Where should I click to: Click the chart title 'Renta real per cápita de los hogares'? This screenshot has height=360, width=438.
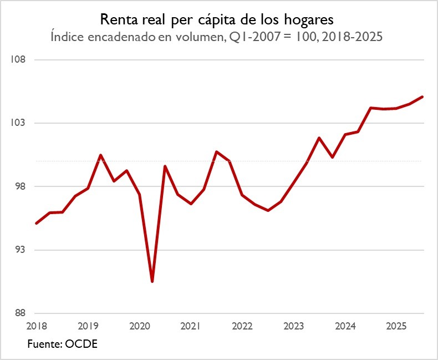point(217,19)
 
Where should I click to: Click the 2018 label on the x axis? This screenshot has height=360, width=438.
point(36,326)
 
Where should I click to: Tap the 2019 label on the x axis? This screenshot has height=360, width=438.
point(88,326)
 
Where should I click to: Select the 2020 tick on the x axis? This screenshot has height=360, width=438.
point(139,326)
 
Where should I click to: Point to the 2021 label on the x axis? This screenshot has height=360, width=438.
point(191,326)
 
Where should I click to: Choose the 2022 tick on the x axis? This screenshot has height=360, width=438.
point(242,326)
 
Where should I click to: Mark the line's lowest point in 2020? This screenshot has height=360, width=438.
point(152,281)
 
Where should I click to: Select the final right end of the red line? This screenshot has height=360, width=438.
point(423,97)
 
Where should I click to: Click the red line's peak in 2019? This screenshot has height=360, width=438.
point(100,155)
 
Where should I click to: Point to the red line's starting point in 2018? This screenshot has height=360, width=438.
point(36,223)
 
